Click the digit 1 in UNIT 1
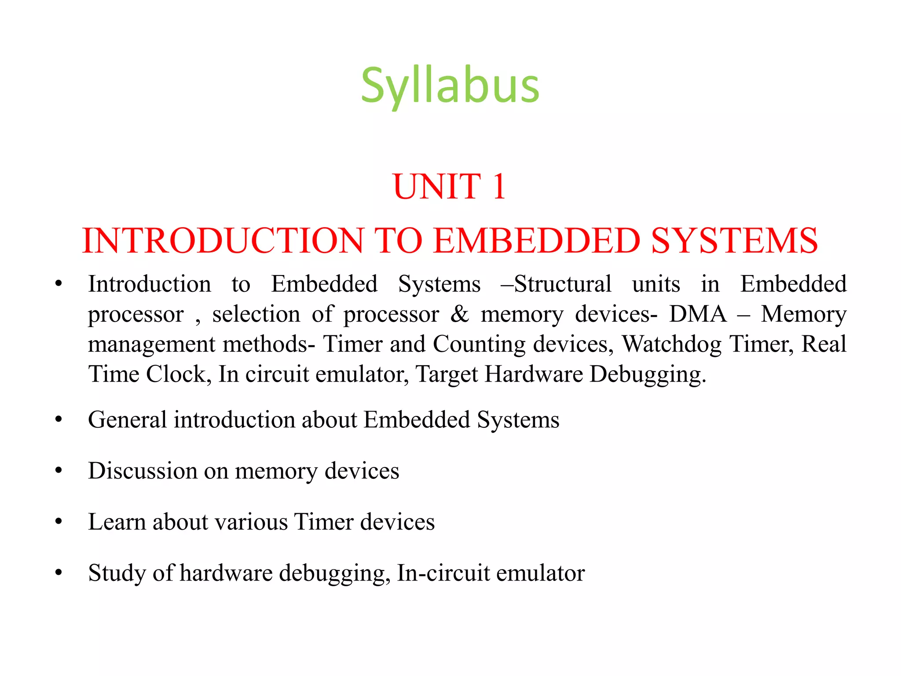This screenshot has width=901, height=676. [499, 187]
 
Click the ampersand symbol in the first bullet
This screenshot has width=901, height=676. [460, 314]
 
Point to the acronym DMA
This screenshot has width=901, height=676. [697, 314]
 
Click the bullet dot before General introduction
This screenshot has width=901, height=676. [59, 420]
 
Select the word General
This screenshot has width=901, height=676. [127, 419]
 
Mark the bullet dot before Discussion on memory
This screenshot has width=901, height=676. [59, 471]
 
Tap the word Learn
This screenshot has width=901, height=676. [117, 522]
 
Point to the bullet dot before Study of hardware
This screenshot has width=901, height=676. [59, 573]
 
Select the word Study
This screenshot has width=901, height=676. [117, 573]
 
